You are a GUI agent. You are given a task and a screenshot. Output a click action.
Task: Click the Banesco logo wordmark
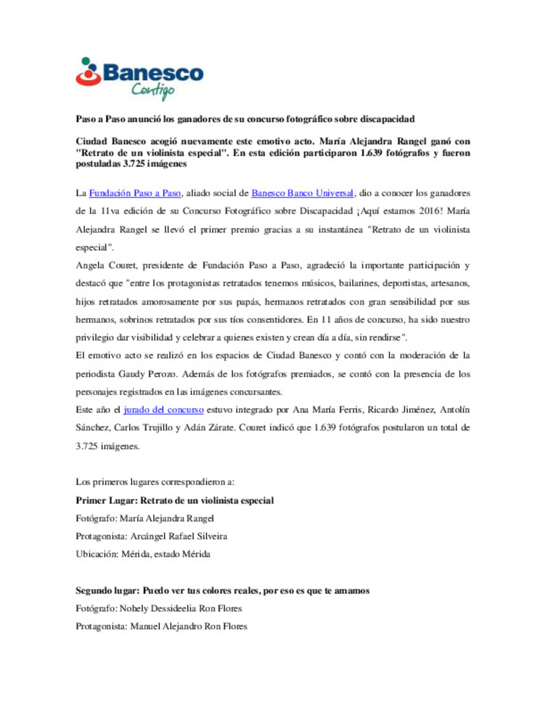tap(153, 73)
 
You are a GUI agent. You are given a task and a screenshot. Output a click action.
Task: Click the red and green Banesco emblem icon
tap(88, 72)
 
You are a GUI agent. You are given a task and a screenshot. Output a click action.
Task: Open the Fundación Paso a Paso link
tap(135, 193)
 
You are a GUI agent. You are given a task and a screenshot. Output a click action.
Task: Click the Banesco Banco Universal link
tap(302, 193)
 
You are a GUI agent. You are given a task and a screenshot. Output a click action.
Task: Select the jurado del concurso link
tap(163, 410)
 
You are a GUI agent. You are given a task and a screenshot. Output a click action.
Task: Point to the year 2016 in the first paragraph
tap(431, 211)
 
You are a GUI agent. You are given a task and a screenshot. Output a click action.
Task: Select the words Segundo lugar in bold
tap(107, 590)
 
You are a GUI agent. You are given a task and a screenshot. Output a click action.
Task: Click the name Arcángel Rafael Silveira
tap(179, 536)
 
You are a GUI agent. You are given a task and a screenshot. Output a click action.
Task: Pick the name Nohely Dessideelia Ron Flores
tap(181, 609)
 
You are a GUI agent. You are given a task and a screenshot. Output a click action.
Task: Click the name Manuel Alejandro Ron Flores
tap(189, 626)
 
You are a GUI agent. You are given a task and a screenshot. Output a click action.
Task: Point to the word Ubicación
tap(97, 554)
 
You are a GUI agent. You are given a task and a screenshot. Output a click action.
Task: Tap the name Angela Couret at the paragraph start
tap(106, 266)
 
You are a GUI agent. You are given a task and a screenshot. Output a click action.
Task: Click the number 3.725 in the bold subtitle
tap(133, 164)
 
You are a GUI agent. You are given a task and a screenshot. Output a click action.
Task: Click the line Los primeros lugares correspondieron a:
tap(155, 482)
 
